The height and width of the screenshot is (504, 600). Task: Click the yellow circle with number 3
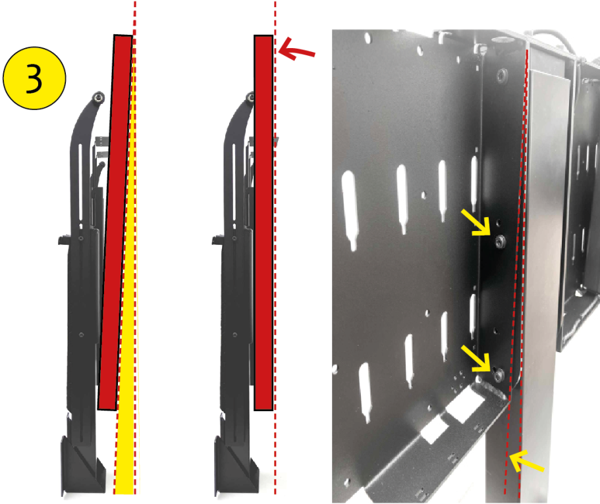[34, 78]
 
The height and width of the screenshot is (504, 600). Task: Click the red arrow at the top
[296, 49]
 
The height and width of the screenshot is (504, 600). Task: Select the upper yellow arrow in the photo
[476, 222]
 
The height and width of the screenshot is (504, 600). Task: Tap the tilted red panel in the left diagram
[115, 222]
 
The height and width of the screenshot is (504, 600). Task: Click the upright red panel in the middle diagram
[263, 223]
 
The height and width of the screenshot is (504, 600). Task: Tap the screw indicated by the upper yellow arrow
[500, 241]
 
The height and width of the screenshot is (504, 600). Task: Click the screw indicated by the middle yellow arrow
[498, 374]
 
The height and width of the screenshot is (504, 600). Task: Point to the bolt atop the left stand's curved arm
[99, 97]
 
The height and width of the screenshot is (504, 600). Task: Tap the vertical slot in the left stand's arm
[80, 183]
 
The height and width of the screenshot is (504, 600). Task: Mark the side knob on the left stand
[63, 241]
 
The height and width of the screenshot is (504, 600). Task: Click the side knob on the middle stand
[216, 241]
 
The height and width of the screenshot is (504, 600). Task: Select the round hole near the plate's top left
[368, 38]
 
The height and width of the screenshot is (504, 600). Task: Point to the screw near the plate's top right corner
[503, 74]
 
